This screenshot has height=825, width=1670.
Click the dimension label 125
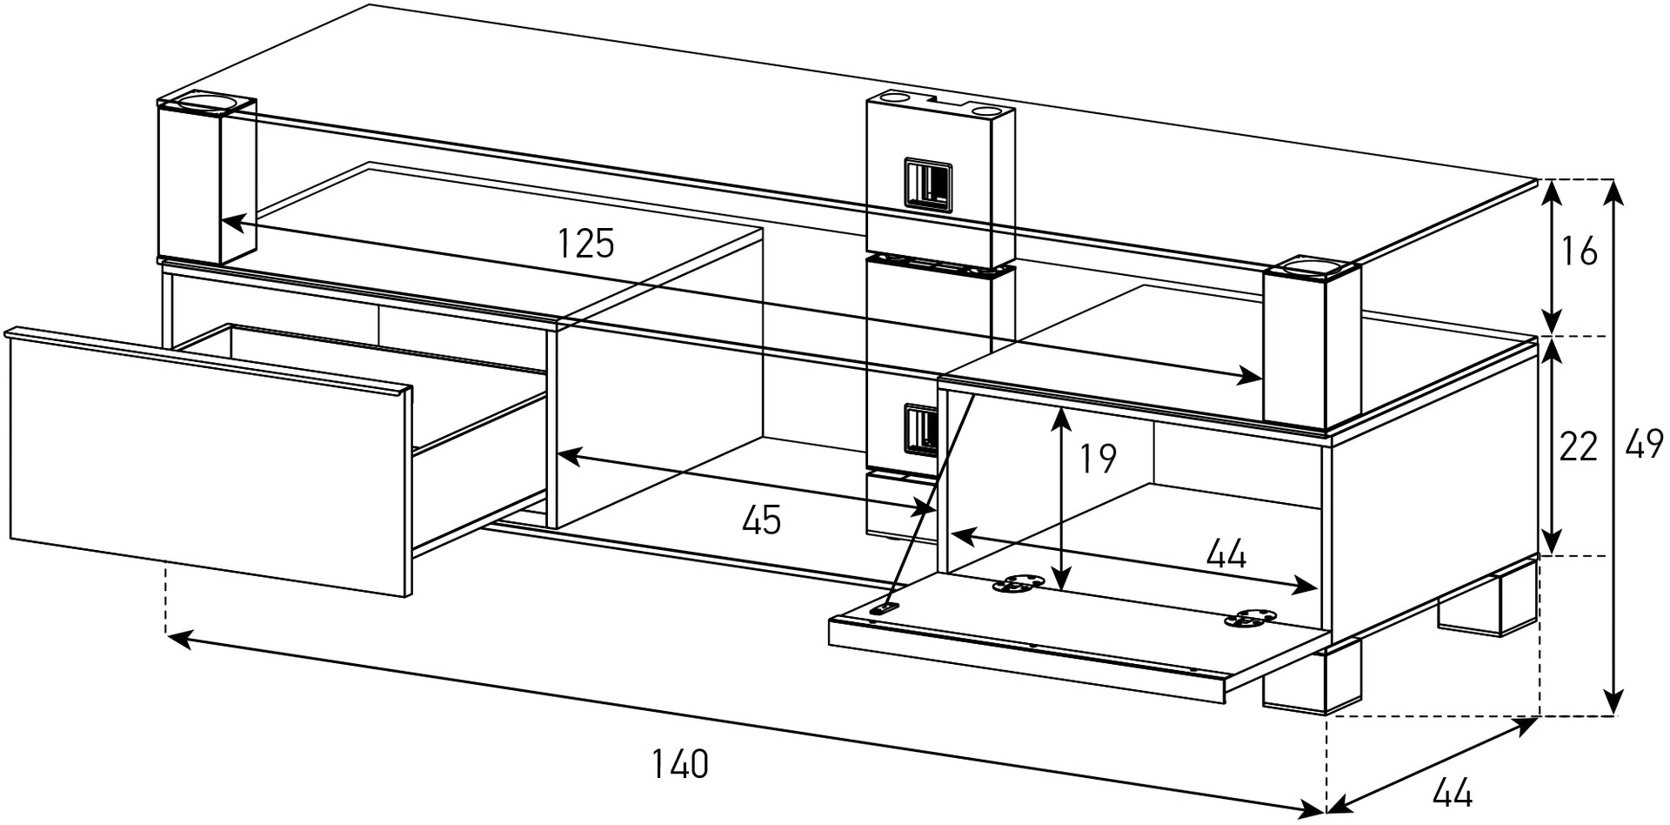[585, 244]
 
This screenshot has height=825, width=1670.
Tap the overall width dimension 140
[680, 764]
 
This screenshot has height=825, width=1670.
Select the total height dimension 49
[1644, 446]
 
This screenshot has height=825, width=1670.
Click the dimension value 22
[1577, 446]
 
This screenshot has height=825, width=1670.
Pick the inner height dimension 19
[1098, 459]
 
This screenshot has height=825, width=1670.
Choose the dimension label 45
[761, 520]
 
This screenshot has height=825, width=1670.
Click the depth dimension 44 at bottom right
[1452, 792]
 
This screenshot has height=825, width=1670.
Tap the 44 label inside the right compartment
[1226, 553]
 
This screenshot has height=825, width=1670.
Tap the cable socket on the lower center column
[920, 428]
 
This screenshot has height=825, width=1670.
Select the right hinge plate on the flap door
[1251, 618]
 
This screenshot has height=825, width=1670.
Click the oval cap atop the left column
[207, 104]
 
